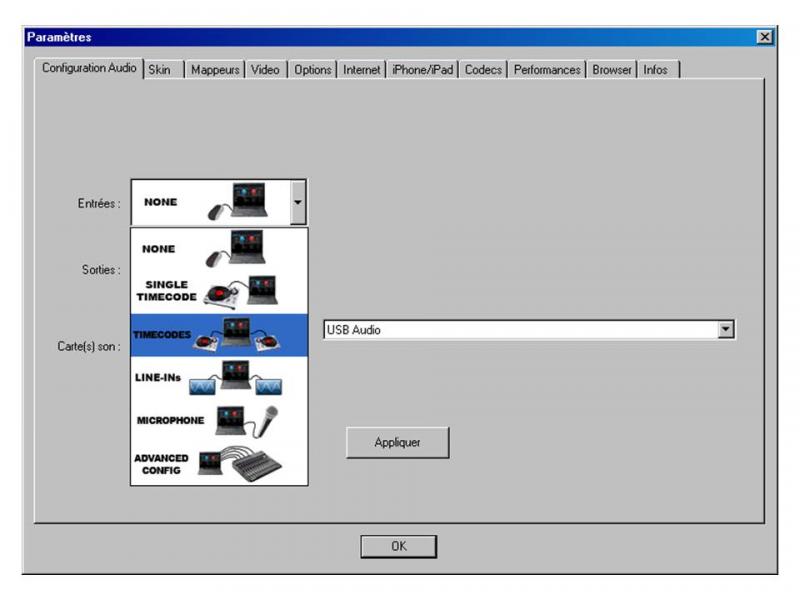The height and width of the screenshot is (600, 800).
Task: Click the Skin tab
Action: pos(160,70)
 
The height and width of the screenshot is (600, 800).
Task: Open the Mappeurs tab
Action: pos(215,70)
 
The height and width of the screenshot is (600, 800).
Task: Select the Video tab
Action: pos(265,70)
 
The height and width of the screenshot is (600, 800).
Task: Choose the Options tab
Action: pos(313,70)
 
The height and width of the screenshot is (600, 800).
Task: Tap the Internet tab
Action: pos(362,70)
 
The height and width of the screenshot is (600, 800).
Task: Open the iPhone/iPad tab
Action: pos(423,70)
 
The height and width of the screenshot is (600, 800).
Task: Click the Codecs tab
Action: pos(484,70)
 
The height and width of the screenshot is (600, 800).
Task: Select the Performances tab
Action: pos(547,70)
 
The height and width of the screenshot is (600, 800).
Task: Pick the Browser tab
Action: pos(612,70)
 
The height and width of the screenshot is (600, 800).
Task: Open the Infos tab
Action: pos(656,70)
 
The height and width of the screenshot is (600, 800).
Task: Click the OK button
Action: pos(398,547)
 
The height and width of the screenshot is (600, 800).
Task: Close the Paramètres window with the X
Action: pos(765,37)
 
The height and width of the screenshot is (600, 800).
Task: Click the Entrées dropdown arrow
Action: pos(297,202)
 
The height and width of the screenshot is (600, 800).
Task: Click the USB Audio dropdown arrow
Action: pos(727,329)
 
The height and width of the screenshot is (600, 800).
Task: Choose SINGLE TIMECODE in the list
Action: pos(219,290)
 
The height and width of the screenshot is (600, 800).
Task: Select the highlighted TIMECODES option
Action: pos(219,335)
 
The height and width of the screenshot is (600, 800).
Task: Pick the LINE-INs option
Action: pos(219,378)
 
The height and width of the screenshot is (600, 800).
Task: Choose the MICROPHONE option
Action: pos(219,420)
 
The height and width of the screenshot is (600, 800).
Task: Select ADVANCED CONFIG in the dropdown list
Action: pos(219,464)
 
